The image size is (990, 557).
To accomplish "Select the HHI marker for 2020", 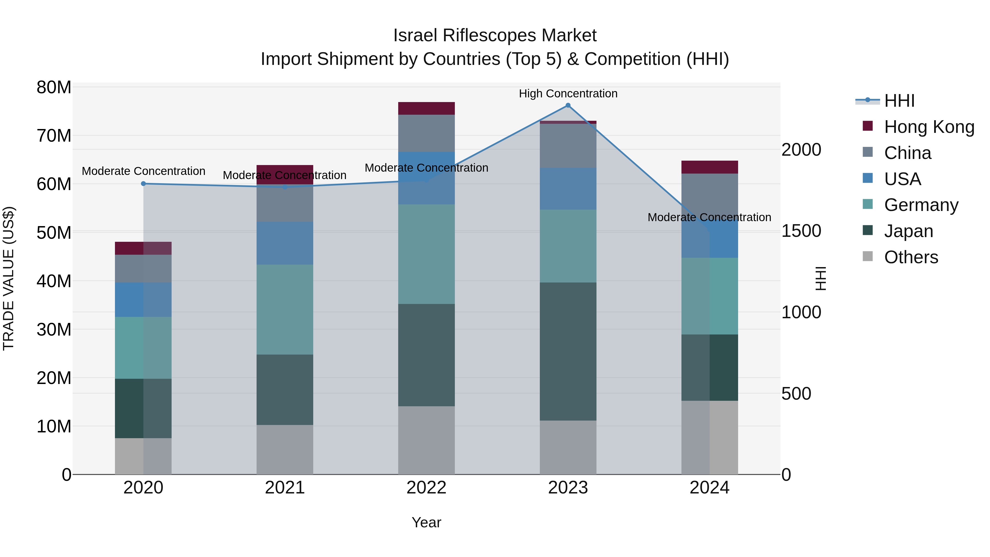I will [x=143, y=184].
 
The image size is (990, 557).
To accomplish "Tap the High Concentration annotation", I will [x=568, y=94].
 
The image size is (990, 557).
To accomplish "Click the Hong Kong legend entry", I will [x=929, y=127].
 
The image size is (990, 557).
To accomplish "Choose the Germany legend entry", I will [x=921, y=205].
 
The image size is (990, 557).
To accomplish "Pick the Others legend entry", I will [x=911, y=257].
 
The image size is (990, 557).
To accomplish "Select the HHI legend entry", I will [x=899, y=101].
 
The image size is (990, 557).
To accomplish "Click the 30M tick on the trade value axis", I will [x=54, y=330].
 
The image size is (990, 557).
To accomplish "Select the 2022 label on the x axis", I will [x=426, y=488].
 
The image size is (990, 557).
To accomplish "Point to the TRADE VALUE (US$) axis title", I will [x=9, y=278].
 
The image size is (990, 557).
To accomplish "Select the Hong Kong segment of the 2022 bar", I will [x=426, y=108].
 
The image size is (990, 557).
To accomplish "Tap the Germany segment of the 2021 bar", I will [x=285, y=309].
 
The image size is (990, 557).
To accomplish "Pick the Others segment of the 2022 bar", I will [x=426, y=440].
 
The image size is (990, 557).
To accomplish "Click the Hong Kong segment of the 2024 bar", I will [x=710, y=167].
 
